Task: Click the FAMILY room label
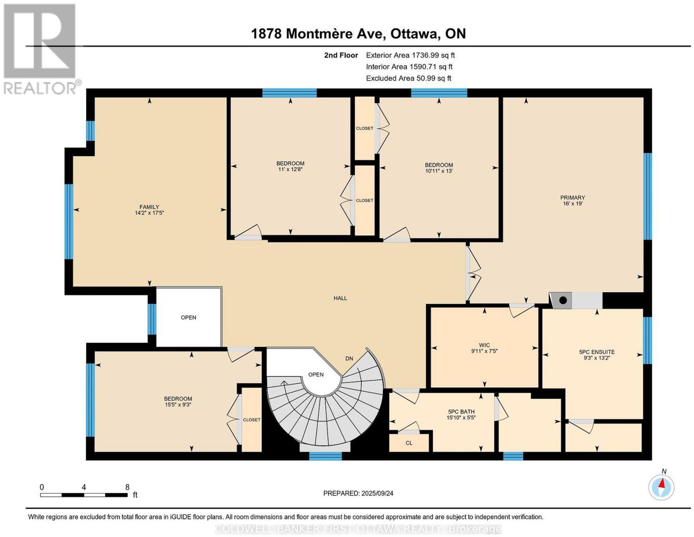click(149, 207)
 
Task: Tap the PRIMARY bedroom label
click(572, 198)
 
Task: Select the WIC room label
click(484, 345)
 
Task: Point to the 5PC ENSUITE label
click(596, 352)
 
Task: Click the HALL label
click(340, 298)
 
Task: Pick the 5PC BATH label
click(461, 412)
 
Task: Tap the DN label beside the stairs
click(349, 358)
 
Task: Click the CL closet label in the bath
click(409, 443)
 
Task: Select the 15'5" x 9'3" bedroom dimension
click(178, 404)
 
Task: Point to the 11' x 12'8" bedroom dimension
click(290, 169)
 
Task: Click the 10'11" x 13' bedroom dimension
click(439, 171)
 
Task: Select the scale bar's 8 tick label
click(127, 487)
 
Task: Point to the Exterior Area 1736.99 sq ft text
click(410, 55)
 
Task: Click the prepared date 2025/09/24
click(377, 493)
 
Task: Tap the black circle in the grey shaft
click(563, 300)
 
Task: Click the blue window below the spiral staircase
click(325, 456)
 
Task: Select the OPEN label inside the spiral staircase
click(316, 374)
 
